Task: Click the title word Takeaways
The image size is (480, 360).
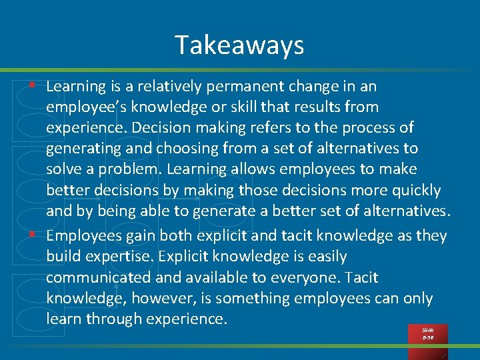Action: (x=239, y=45)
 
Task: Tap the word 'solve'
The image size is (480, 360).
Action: (x=63, y=169)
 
